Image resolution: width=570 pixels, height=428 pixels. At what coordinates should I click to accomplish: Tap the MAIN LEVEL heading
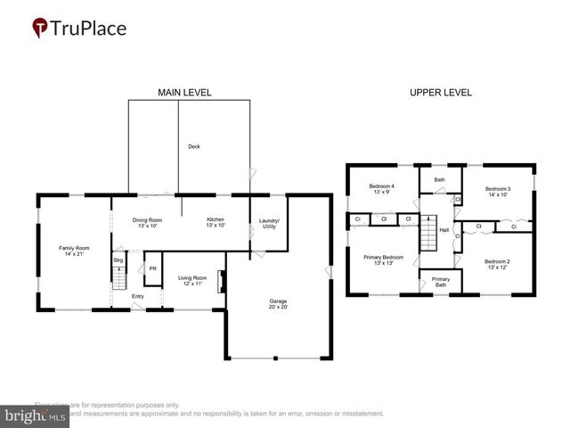(x=184, y=92)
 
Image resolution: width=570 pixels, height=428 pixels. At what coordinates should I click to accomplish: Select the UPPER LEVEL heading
(x=440, y=92)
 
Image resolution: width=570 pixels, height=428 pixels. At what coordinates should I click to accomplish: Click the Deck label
(x=193, y=146)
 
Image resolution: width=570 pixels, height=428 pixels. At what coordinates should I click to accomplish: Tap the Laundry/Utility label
(x=269, y=224)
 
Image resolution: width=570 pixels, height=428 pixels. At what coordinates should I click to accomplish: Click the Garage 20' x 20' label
(x=278, y=304)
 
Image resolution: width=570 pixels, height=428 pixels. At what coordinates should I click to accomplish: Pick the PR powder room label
(x=152, y=268)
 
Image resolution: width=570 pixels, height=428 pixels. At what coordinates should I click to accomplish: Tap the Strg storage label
(x=117, y=260)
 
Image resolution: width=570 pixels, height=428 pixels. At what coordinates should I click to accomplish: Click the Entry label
(x=138, y=296)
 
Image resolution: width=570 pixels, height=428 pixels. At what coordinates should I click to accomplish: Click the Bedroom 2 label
(x=497, y=264)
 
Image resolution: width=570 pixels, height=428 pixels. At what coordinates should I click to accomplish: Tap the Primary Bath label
(x=441, y=282)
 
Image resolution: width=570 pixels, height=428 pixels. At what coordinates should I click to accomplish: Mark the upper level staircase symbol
(x=428, y=238)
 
